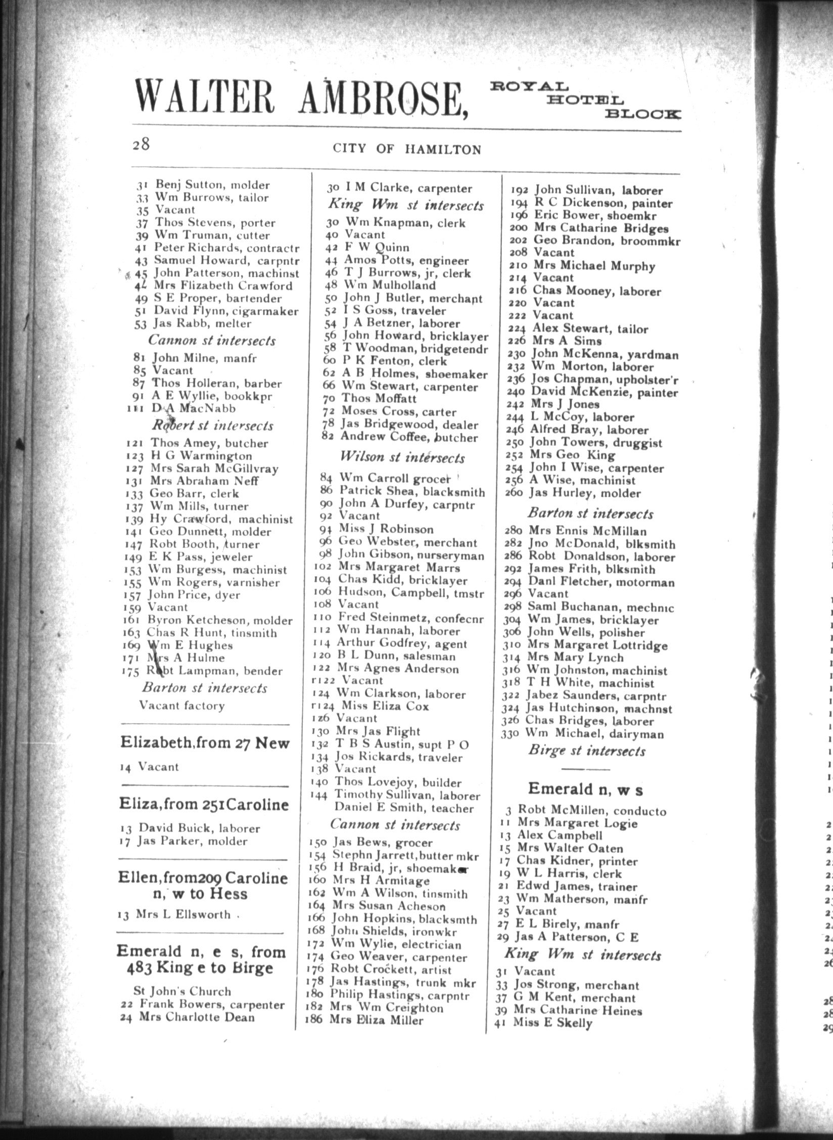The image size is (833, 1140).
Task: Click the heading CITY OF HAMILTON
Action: (x=406, y=149)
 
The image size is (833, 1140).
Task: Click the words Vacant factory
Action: (x=181, y=705)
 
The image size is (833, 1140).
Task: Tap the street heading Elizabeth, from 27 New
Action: (x=205, y=743)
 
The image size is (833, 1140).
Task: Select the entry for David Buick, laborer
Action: (x=190, y=828)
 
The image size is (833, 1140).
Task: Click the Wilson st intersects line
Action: (x=402, y=458)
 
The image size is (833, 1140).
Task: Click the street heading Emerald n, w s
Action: (x=585, y=789)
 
